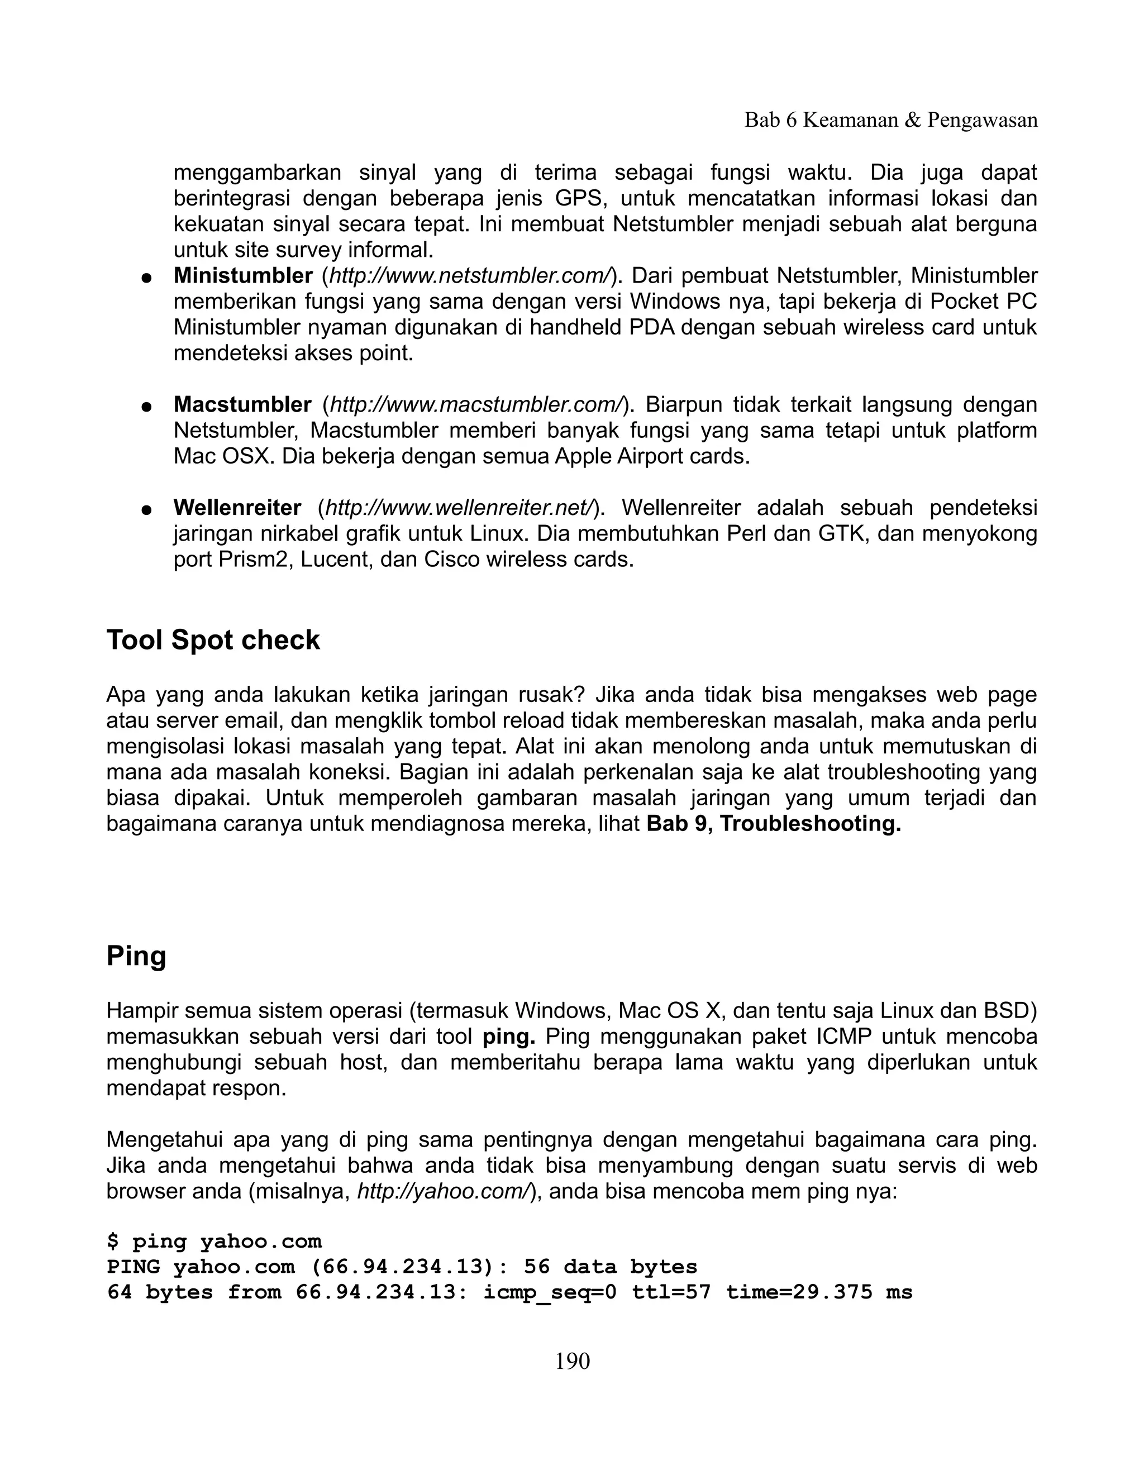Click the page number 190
(x=572, y=1360)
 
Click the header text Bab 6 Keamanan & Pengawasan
(x=890, y=120)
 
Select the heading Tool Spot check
(x=213, y=639)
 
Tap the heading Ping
(x=136, y=956)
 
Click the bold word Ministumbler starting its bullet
(x=242, y=276)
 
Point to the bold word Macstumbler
(x=242, y=404)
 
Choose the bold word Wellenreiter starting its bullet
(x=237, y=508)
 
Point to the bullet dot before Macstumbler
(x=145, y=407)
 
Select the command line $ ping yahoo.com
(x=214, y=1242)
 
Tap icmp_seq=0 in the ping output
(x=549, y=1293)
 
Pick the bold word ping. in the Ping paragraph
(x=508, y=1037)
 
